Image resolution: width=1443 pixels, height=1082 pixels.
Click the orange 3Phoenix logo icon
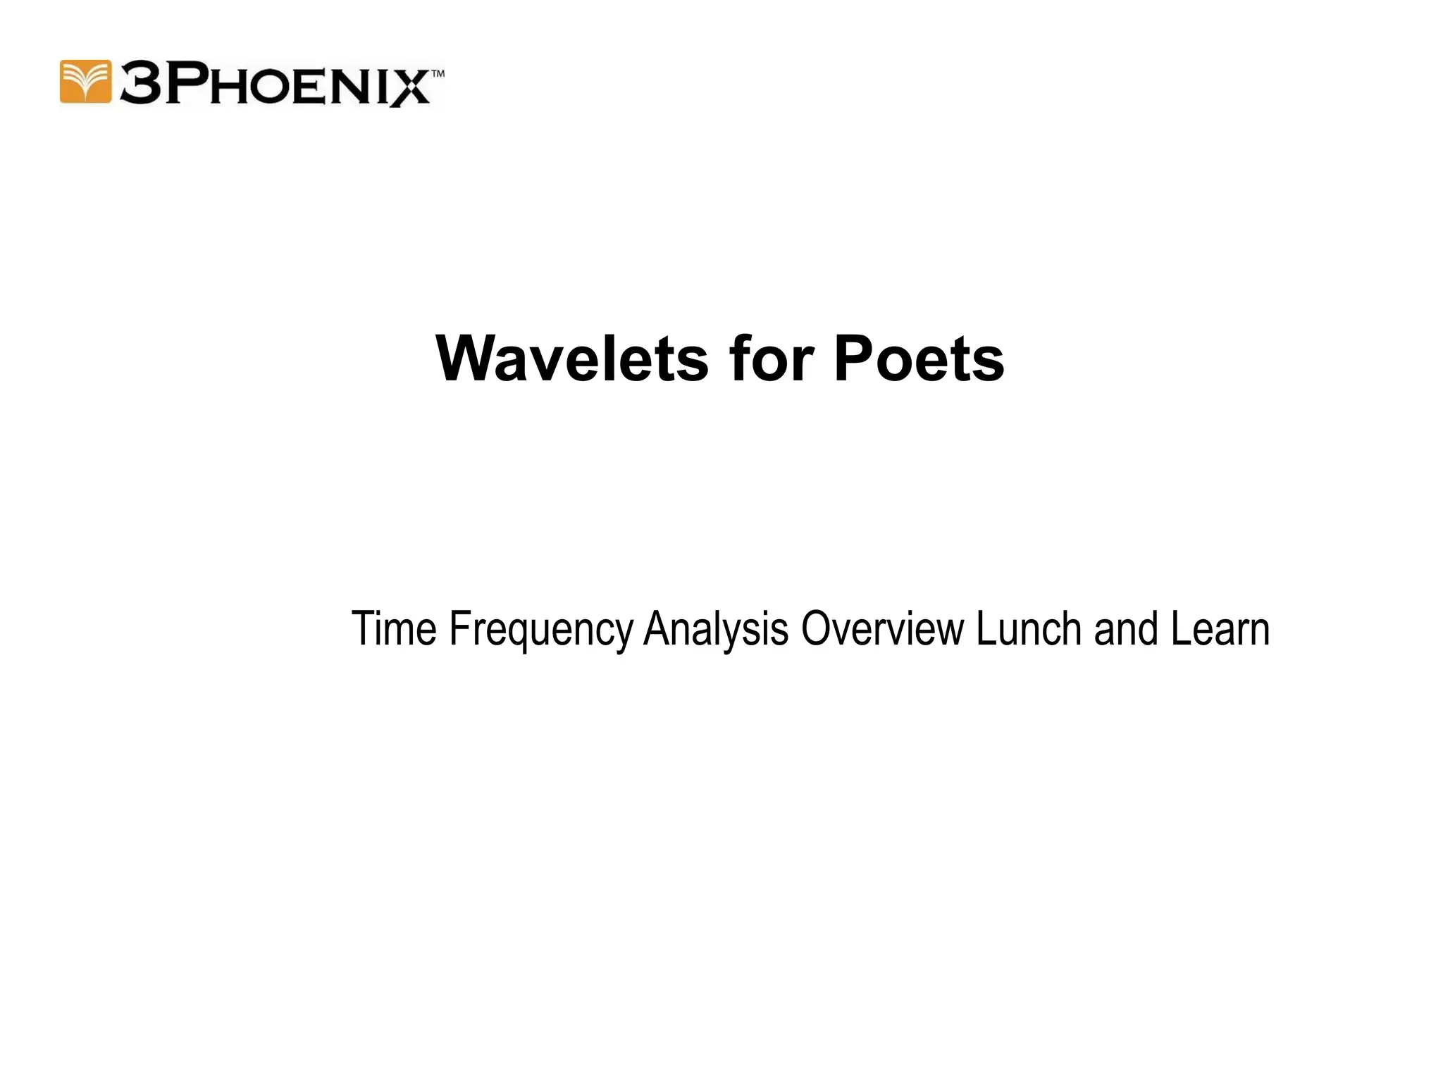85,82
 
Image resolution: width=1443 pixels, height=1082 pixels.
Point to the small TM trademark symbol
437,73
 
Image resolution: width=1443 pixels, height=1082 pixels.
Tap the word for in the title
772,359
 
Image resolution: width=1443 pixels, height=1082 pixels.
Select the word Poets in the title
919,359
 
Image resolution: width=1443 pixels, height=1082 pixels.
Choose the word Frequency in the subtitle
540,630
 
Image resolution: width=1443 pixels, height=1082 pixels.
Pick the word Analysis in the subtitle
716,630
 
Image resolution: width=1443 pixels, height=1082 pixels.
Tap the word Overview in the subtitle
882,628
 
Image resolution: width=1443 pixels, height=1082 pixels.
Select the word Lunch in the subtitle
1029,628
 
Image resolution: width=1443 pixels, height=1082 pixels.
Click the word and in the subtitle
1126,628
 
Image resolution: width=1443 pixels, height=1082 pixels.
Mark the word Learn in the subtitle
1220,628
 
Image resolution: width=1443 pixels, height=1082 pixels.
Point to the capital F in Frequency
459,628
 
